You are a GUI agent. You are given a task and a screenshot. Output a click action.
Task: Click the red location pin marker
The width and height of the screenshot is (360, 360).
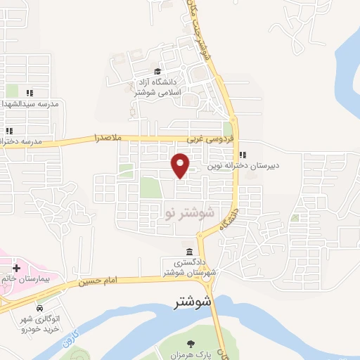[181, 165]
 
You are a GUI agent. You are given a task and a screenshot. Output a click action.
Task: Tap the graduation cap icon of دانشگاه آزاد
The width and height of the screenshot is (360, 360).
[158, 72]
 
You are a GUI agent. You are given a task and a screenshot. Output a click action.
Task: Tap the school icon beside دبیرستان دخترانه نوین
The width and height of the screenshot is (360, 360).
[242, 155]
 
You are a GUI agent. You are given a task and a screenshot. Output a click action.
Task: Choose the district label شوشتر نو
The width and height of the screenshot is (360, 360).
[188, 212]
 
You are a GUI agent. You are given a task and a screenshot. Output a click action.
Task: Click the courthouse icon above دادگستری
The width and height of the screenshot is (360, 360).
[189, 252]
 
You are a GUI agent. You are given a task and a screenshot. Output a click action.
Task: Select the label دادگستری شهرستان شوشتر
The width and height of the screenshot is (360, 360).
[188, 268]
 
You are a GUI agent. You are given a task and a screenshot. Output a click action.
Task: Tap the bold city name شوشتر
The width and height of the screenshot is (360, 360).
[193, 302]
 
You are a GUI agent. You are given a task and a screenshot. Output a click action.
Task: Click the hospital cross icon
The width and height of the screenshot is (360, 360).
[16, 268]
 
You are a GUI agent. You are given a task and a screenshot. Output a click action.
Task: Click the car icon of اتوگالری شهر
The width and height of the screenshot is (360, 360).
[39, 309]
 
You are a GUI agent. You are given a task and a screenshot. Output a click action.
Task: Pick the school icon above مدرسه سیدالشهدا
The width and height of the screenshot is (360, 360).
[30, 92]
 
